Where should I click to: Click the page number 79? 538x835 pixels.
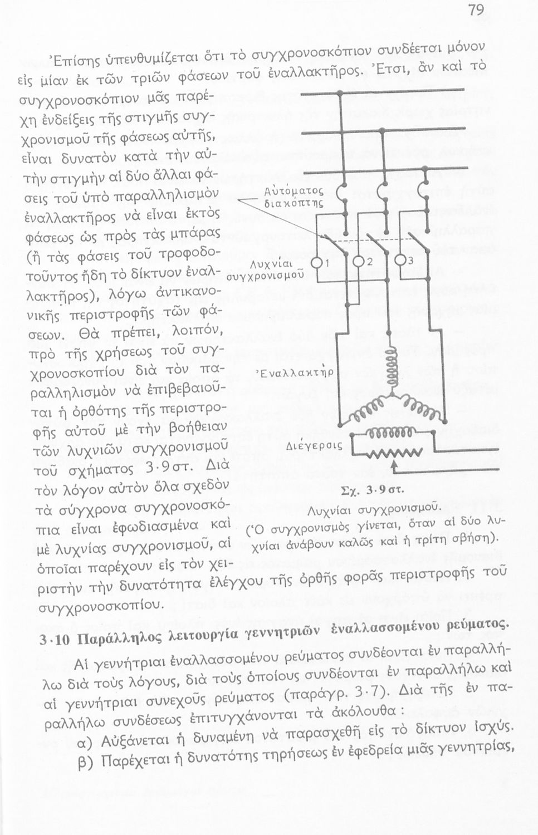[x=476, y=9]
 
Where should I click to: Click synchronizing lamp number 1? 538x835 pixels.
[x=316, y=263]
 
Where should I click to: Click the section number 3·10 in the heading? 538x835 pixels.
[x=55, y=639]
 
